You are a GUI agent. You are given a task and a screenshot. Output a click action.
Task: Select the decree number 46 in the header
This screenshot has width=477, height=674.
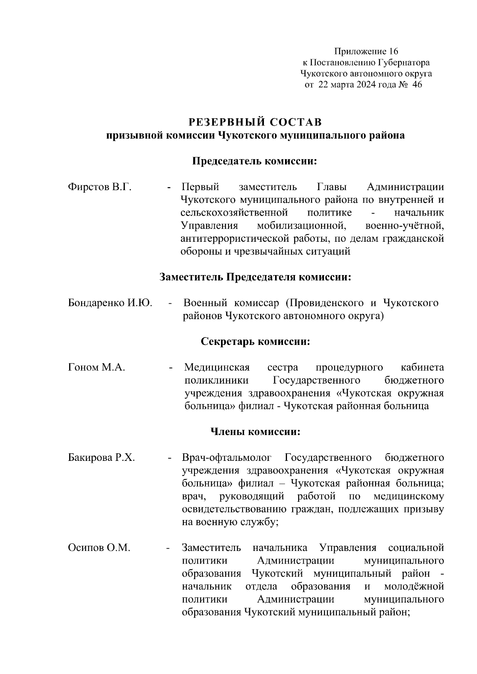(x=417, y=85)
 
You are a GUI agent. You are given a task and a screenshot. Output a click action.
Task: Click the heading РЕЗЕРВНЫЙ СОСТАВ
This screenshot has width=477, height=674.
(x=255, y=121)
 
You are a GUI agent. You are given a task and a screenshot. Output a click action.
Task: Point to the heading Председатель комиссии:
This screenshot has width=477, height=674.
(x=255, y=161)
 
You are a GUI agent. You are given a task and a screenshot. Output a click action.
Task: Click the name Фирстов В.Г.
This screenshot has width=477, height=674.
(x=100, y=187)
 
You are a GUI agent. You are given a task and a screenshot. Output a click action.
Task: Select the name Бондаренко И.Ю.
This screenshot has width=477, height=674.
(x=110, y=303)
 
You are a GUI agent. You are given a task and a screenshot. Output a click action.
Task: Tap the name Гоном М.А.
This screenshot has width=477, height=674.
(x=97, y=368)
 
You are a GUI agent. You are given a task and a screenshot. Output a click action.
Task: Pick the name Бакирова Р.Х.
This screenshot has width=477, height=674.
(x=101, y=458)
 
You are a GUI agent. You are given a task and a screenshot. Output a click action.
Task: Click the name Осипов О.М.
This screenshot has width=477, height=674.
(x=99, y=548)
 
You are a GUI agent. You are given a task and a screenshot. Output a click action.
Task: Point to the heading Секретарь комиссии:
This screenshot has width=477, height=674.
(x=255, y=342)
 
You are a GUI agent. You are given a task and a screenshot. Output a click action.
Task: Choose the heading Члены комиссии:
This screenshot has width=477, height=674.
(x=255, y=431)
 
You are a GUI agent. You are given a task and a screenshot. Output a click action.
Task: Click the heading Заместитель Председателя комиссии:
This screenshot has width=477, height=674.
(x=255, y=277)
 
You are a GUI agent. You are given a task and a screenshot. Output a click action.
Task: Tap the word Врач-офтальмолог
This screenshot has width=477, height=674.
(x=227, y=458)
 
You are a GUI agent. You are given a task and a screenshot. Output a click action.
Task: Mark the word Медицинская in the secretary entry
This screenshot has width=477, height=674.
(x=217, y=368)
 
